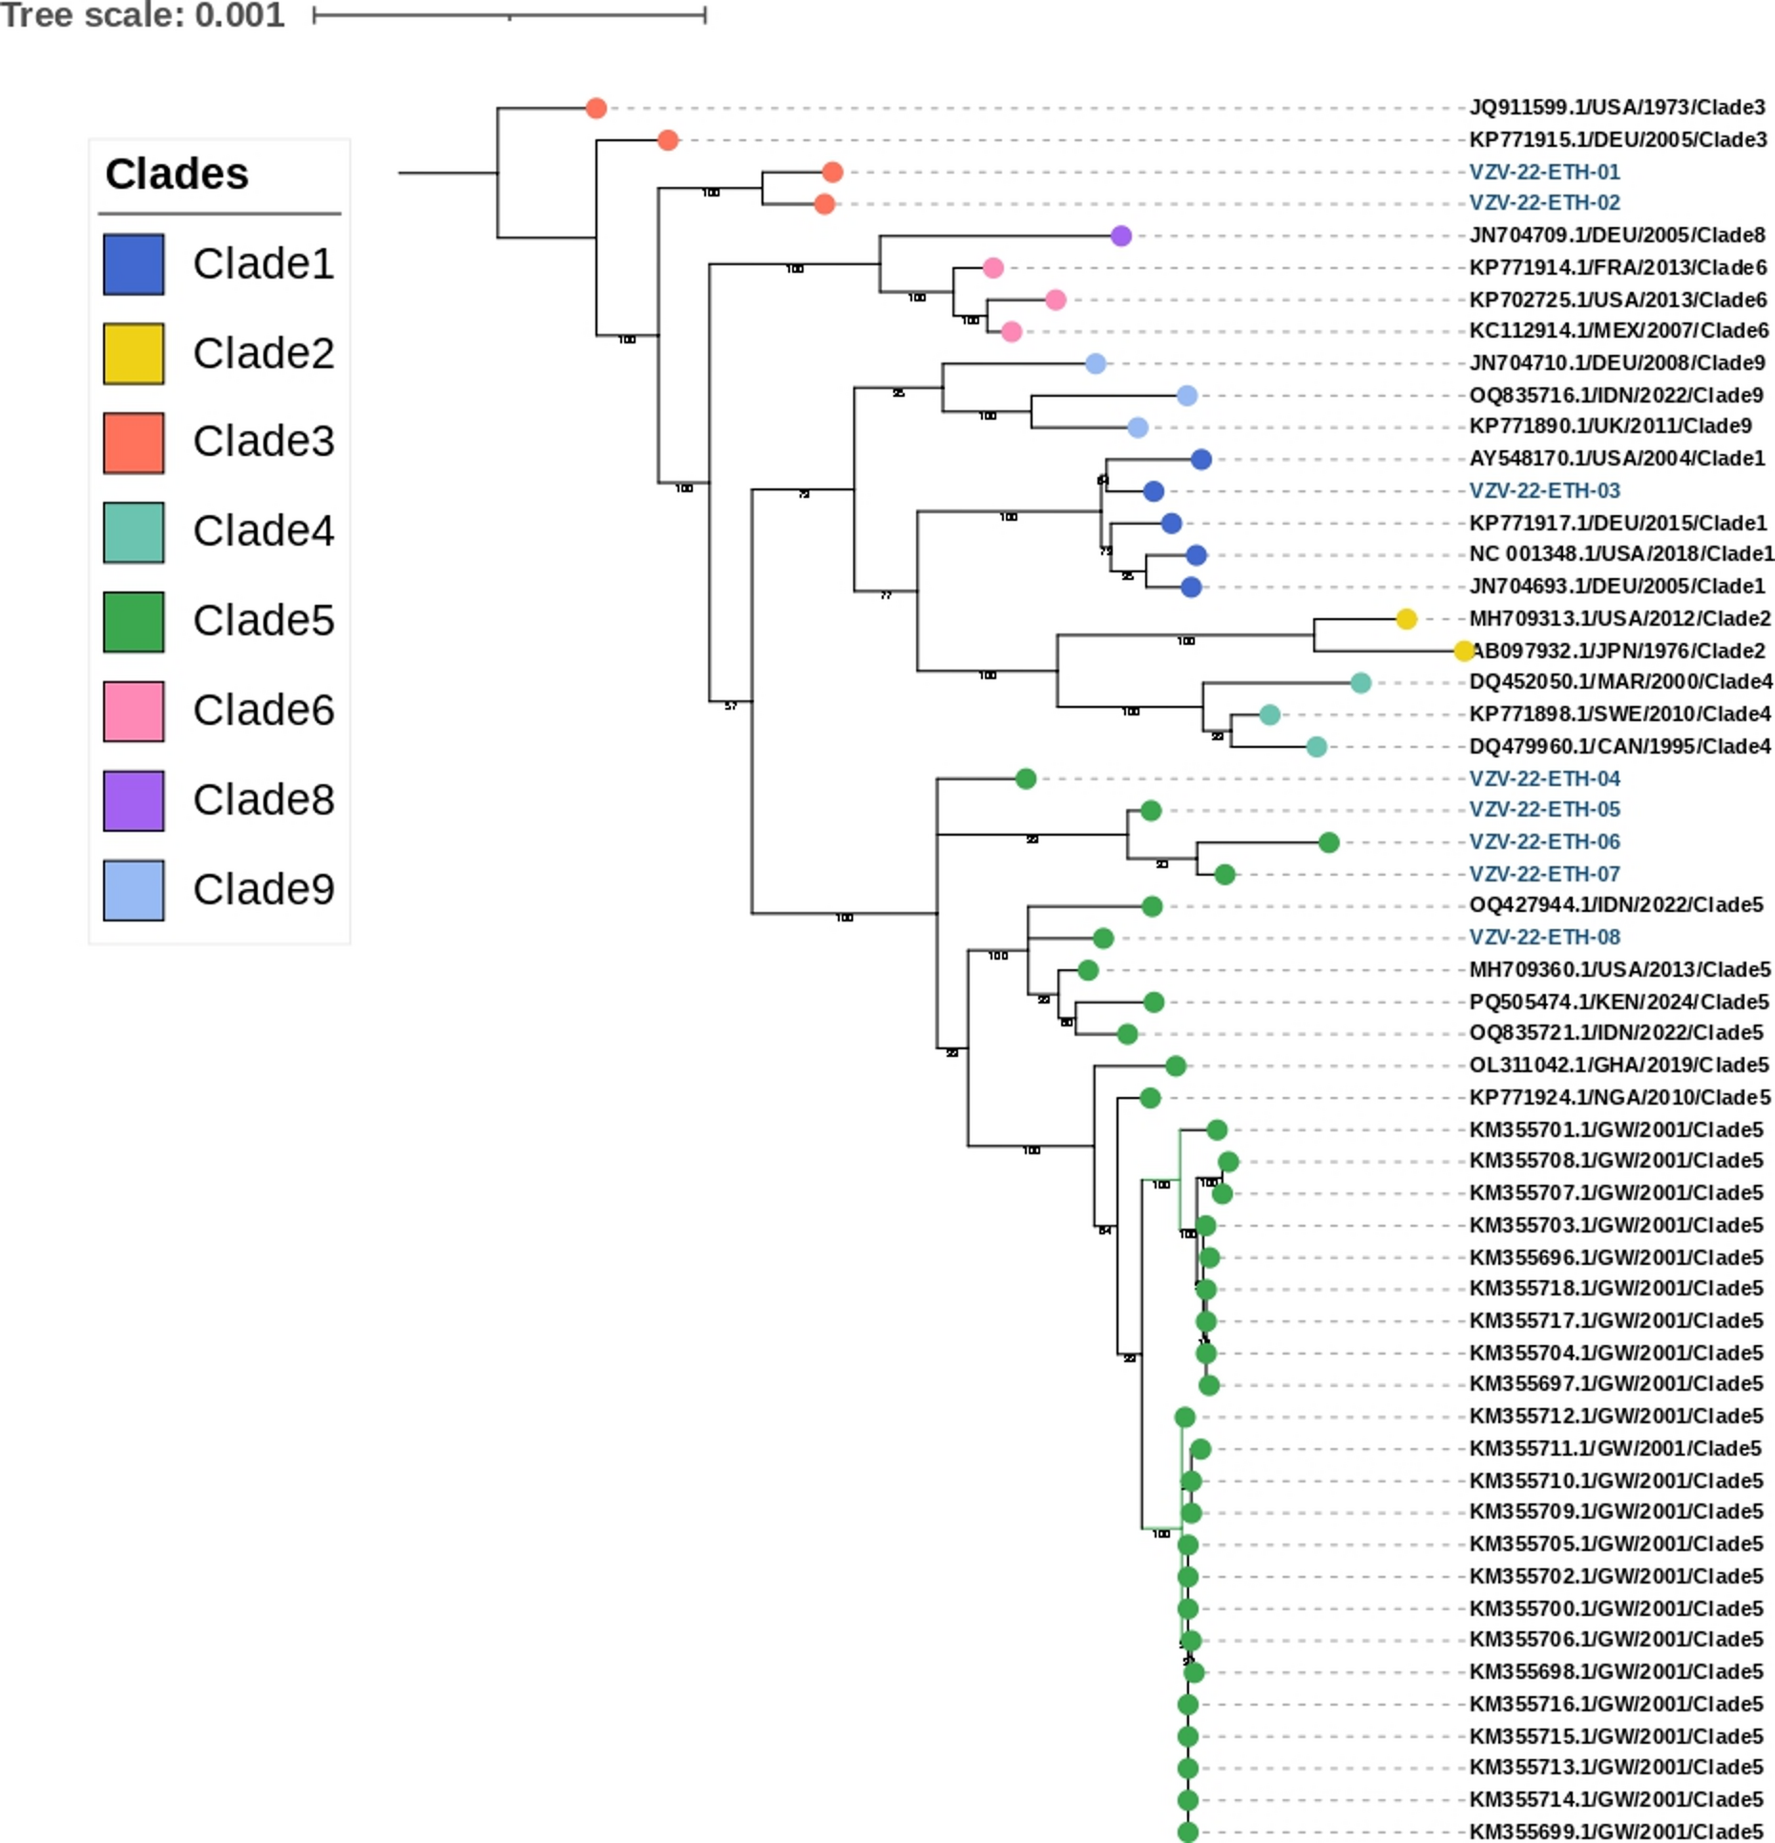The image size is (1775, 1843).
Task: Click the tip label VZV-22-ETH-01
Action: [x=1544, y=172]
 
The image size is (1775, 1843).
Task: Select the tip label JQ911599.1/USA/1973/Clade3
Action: [x=1617, y=107]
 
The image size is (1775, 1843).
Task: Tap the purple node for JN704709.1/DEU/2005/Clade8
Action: [x=1121, y=236]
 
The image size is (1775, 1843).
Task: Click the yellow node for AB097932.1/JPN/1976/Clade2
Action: [x=1464, y=651]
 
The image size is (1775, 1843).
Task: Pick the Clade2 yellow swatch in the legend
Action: [x=134, y=354]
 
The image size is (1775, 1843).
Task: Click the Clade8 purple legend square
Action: [x=134, y=800]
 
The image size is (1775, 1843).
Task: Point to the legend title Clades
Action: [x=177, y=175]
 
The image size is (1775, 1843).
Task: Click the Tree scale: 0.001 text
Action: [x=142, y=15]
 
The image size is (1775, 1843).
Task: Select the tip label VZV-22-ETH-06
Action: [x=1544, y=841]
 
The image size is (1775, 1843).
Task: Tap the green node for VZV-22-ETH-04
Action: [x=1026, y=778]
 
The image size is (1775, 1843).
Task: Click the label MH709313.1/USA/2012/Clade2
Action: [x=1619, y=618]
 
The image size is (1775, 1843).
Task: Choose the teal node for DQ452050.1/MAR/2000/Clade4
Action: [x=1361, y=682]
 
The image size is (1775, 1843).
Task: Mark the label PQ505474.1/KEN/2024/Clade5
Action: [x=1618, y=1002]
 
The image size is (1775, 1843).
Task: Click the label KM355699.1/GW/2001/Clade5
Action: [x=1616, y=1832]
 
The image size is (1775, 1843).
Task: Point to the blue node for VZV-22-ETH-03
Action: [x=1153, y=491]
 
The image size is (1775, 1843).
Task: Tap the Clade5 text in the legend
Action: [x=263, y=621]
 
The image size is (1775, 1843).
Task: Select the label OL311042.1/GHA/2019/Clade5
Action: [x=1618, y=1065]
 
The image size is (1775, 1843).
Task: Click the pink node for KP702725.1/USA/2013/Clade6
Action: [x=1055, y=300]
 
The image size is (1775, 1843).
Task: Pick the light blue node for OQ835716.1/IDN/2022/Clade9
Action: [x=1187, y=395]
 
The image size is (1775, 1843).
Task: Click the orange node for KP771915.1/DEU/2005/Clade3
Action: [x=668, y=140]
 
